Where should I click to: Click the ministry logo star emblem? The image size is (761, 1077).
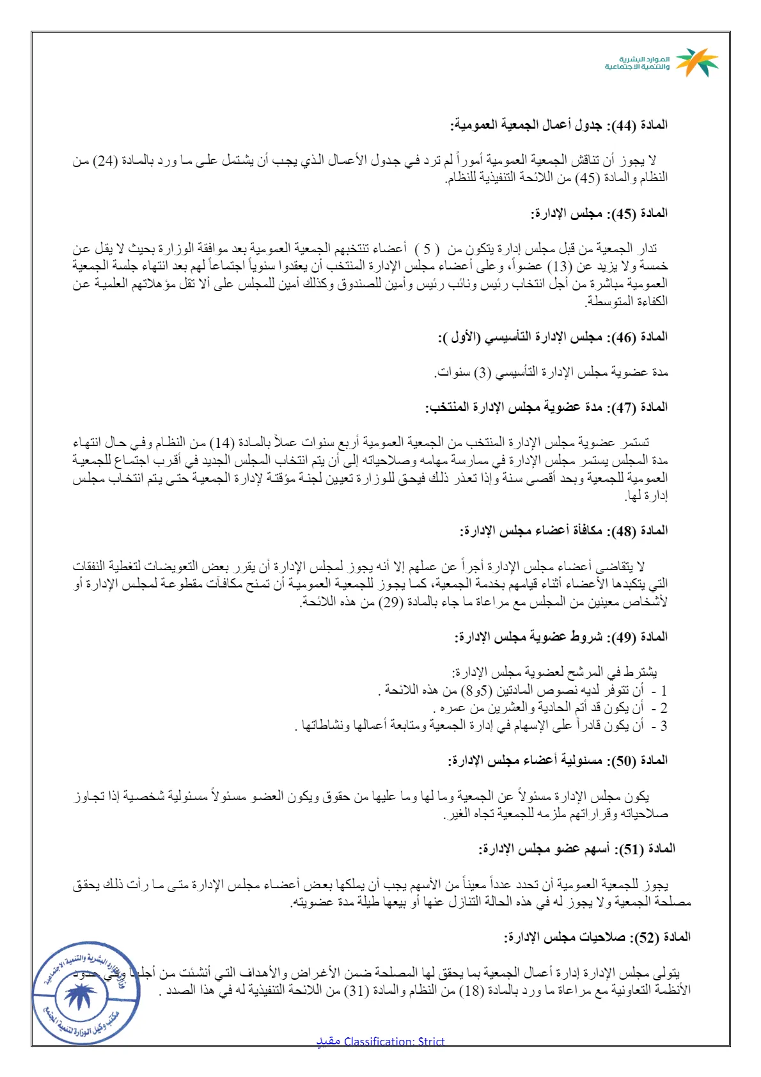[x=697, y=62]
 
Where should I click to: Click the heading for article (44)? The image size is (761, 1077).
[x=559, y=125]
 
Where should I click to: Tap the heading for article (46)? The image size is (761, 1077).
[x=553, y=337]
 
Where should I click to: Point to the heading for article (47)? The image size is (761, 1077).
[x=546, y=407]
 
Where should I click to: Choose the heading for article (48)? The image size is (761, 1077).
[x=563, y=531]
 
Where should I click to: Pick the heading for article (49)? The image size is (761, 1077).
[x=561, y=637]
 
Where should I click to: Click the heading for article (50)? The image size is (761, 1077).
[x=558, y=760]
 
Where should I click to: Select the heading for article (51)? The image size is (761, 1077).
[x=577, y=849]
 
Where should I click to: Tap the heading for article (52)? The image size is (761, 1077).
[x=597, y=937]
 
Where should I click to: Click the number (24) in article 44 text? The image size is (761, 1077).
[x=106, y=161]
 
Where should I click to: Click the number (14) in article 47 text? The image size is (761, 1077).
[x=224, y=443]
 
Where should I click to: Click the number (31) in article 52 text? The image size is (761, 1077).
[x=356, y=991]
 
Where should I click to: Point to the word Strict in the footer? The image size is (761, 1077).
[x=431, y=1041]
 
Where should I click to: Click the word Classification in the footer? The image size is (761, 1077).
[x=379, y=1041]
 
